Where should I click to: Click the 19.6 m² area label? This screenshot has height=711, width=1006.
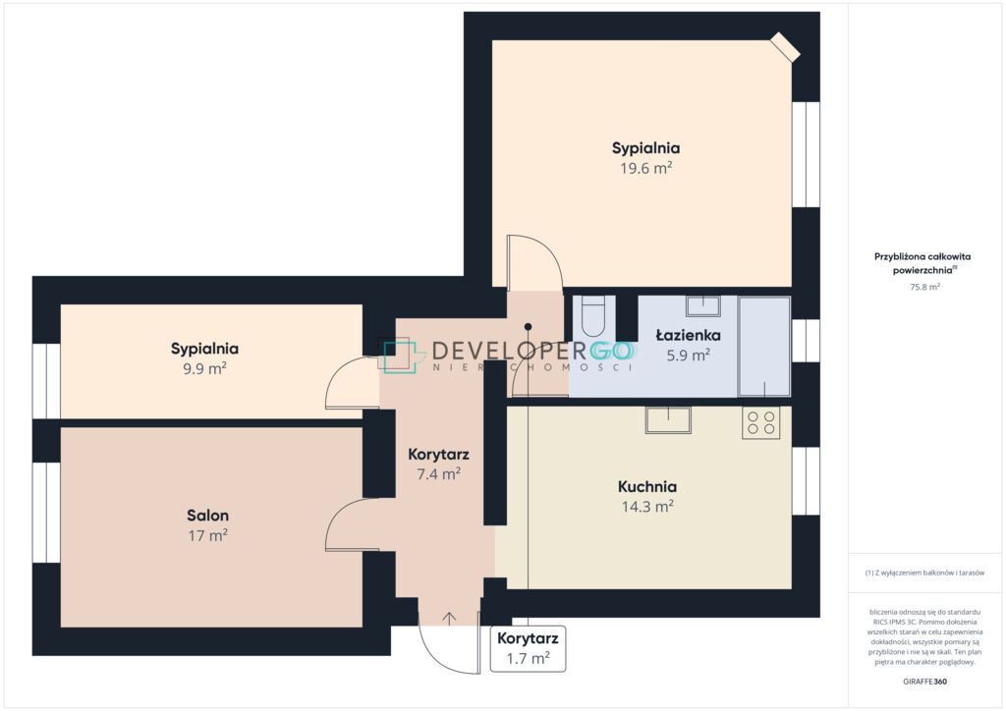(645, 168)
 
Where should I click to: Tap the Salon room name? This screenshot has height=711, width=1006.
(207, 516)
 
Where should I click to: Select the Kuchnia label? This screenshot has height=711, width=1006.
(646, 487)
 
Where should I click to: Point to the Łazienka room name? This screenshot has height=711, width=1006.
(688, 335)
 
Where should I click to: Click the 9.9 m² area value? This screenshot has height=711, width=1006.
(204, 368)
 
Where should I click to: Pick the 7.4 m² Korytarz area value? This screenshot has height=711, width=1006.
(439, 474)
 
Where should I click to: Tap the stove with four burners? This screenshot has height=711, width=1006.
(761, 422)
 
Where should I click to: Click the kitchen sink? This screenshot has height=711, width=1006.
(668, 420)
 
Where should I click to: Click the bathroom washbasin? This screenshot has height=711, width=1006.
(703, 305)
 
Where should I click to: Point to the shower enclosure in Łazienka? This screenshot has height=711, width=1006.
(764, 347)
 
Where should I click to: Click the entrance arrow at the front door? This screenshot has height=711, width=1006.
(449, 618)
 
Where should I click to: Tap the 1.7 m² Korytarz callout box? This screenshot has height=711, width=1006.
(528, 649)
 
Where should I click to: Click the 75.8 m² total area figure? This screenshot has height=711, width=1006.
(924, 287)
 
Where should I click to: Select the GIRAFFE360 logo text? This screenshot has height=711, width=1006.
(924, 682)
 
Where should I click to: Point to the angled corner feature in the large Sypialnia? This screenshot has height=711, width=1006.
(785, 47)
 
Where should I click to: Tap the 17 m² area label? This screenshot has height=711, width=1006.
(207, 535)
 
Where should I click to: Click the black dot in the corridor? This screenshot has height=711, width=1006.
(528, 327)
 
